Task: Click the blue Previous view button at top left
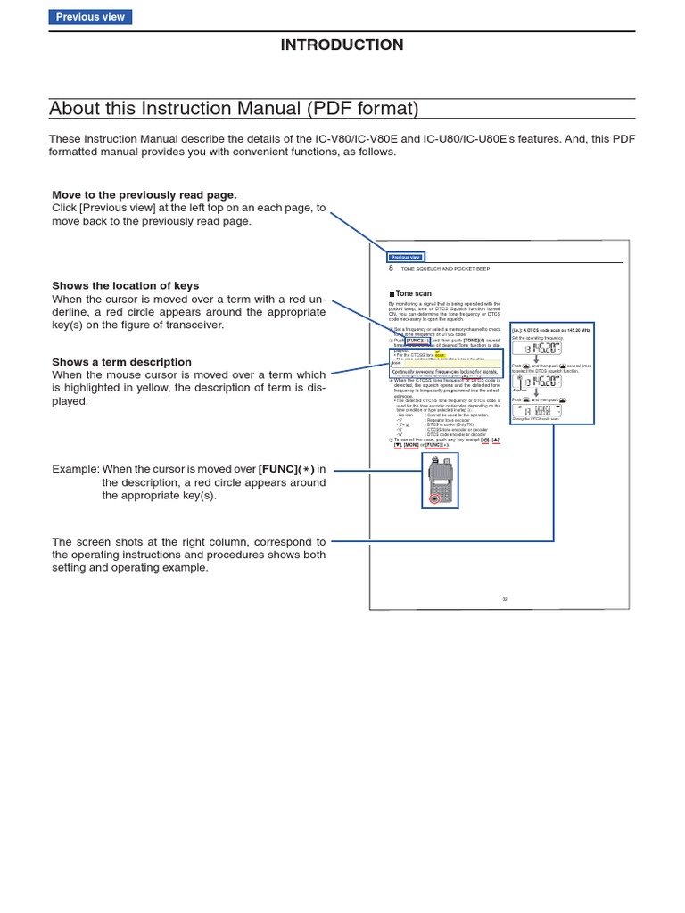pyautogui.click(x=90, y=17)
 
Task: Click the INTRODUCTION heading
pyautogui.click(x=342, y=45)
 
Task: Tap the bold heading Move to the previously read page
pyautogui.click(x=144, y=194)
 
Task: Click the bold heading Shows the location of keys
pyautogui.click(x=125, y=285)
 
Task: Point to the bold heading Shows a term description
pyautogui.click(x=121, y=362)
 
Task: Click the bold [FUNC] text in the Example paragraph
pyautogui.click(x=277, y=469)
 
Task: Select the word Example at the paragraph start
pyautogui.click(x=74, y=469)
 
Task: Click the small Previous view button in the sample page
pyautogui.click(x=406, y=257)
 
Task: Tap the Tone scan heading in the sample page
pyautogui.click(x=414, y=293)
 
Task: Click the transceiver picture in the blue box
pyautogui.click(x=440, y=480)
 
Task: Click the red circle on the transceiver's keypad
pyautogui.click(x=434, y=498)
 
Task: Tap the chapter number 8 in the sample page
pyautogui.click(x=391, y=268)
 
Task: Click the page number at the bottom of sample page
pyautogui.click(x=504, y=599)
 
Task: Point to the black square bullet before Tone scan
pyautogui.click(x=392, y=293)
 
